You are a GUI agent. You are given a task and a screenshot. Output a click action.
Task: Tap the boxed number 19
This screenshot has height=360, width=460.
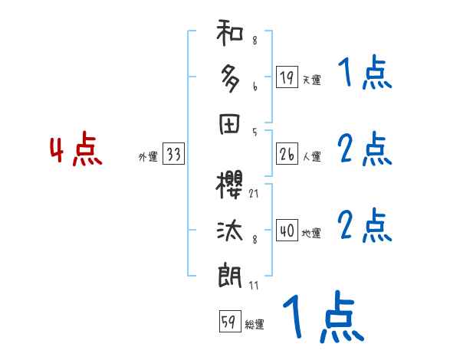[287, 77]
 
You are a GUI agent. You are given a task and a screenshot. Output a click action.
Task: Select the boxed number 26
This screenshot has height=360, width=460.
[287, 155]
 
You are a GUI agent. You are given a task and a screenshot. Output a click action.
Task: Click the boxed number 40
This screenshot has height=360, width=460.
[287, 231]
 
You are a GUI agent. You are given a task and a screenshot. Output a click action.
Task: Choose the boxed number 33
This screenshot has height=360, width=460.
[173, 155]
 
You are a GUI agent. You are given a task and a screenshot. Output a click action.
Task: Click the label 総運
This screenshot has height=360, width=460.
[255, 325]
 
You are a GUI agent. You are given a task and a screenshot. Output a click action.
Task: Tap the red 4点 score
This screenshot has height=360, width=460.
[76, 151]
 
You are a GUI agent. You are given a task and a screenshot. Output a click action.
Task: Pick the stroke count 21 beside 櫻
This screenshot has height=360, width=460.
[253, 195]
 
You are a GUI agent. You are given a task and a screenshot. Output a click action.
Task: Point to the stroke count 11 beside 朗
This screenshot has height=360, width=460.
[253, 285]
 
